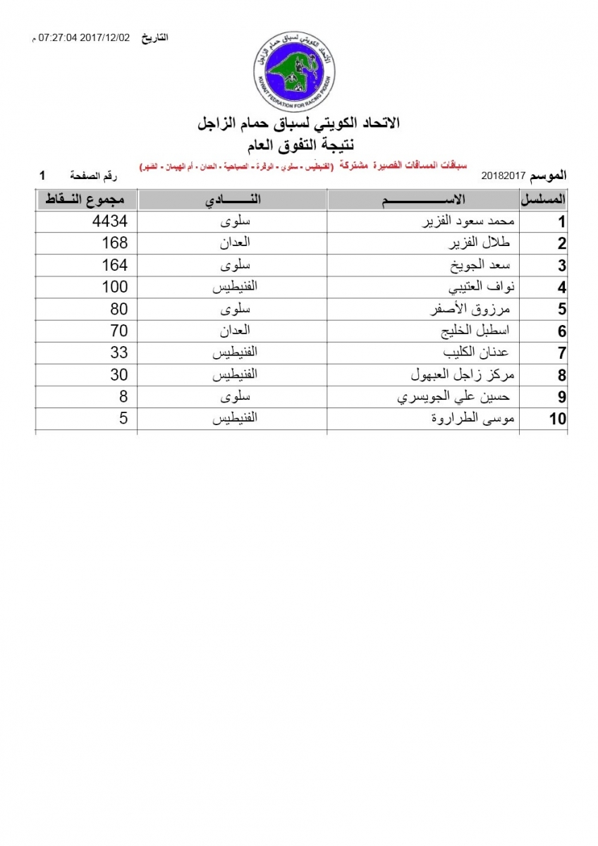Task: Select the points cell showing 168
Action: tap(115, 243)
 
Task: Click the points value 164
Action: tap(115, 265)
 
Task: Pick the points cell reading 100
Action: tap(114, 287)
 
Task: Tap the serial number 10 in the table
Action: tap(557, 419)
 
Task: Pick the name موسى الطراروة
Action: tap(474, 418)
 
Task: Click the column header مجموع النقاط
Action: tap(86, 200)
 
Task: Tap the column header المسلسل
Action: tap(544, 200)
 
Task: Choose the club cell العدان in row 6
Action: tap(232, 331)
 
